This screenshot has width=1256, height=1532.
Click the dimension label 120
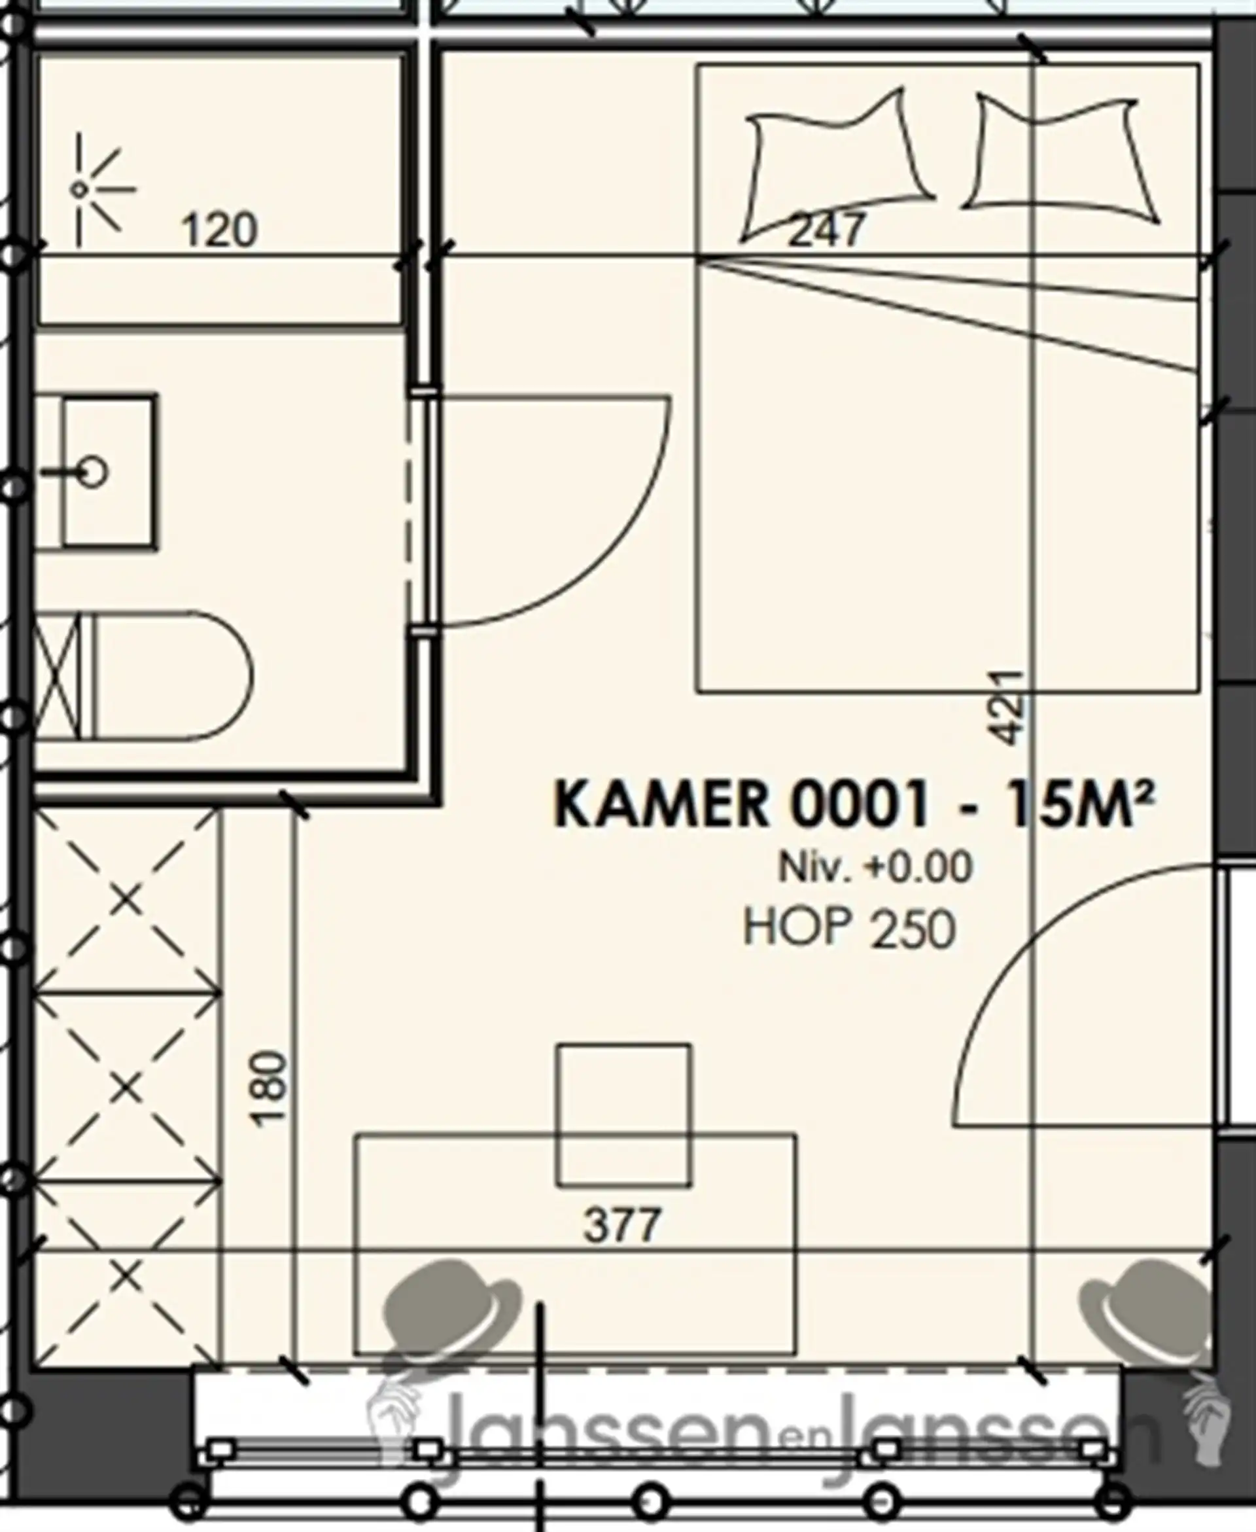point(218,230)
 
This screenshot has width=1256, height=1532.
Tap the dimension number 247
point(826,230)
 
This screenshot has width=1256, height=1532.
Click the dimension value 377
point(622,1225)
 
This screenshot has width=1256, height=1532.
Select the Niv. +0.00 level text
point(875,868)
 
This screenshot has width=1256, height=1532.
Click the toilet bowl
point(173,676)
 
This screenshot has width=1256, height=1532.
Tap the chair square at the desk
point(623,1115)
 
